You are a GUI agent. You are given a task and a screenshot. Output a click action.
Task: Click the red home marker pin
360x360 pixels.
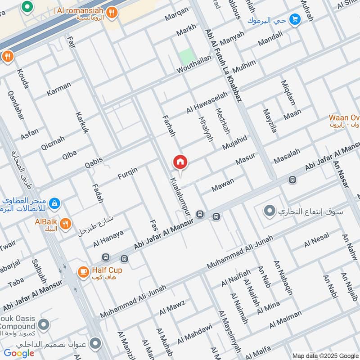click(x=180, y=162)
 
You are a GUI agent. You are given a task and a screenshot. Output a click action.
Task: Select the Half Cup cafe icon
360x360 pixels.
click(x=83, y=272)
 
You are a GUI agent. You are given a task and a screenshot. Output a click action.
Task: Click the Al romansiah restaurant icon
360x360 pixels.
click(x=111, y=13)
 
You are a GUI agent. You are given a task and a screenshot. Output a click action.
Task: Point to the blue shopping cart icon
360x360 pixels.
click(x=295, y=20)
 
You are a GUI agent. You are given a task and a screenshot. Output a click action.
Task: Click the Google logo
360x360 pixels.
click(x=19, y=353)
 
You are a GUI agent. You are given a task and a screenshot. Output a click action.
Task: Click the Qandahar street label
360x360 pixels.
click(x=15, y=104)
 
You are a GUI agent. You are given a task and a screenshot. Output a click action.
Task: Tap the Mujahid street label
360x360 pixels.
click(x=234, y=142)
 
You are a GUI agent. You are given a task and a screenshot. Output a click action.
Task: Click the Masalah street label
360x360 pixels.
click(x=287, y=156)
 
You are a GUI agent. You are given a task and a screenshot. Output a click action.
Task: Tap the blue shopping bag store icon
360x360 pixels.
click(x=54, y=203)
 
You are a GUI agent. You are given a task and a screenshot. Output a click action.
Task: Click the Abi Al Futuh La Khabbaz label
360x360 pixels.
click(x=223, y=66)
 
